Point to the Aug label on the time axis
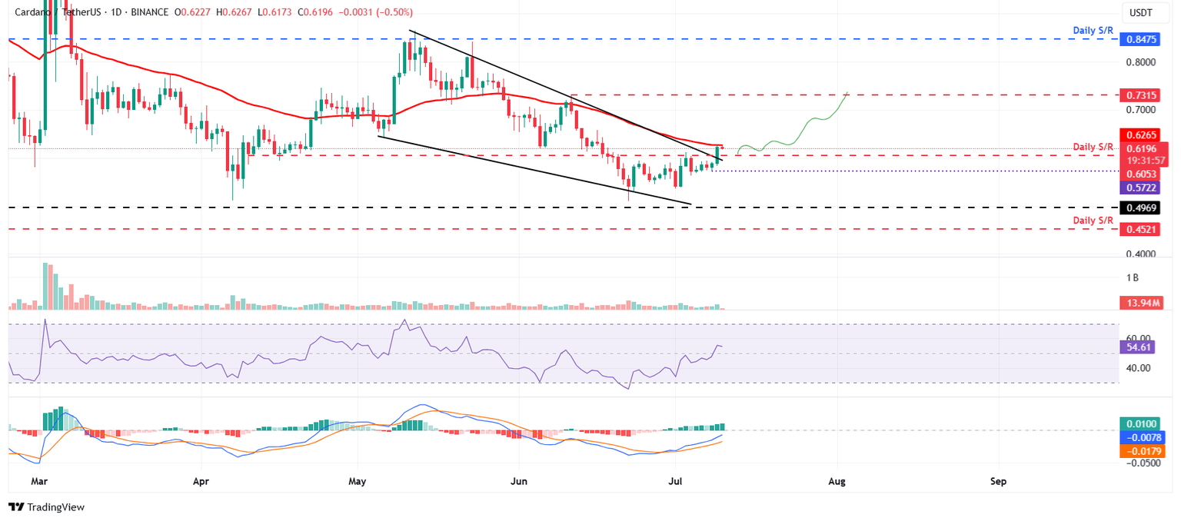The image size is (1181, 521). click(837, 482)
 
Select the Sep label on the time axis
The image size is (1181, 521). click(998, 482)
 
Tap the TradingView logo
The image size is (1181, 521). click(46, 507)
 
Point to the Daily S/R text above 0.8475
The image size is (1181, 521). click(1093, 30)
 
